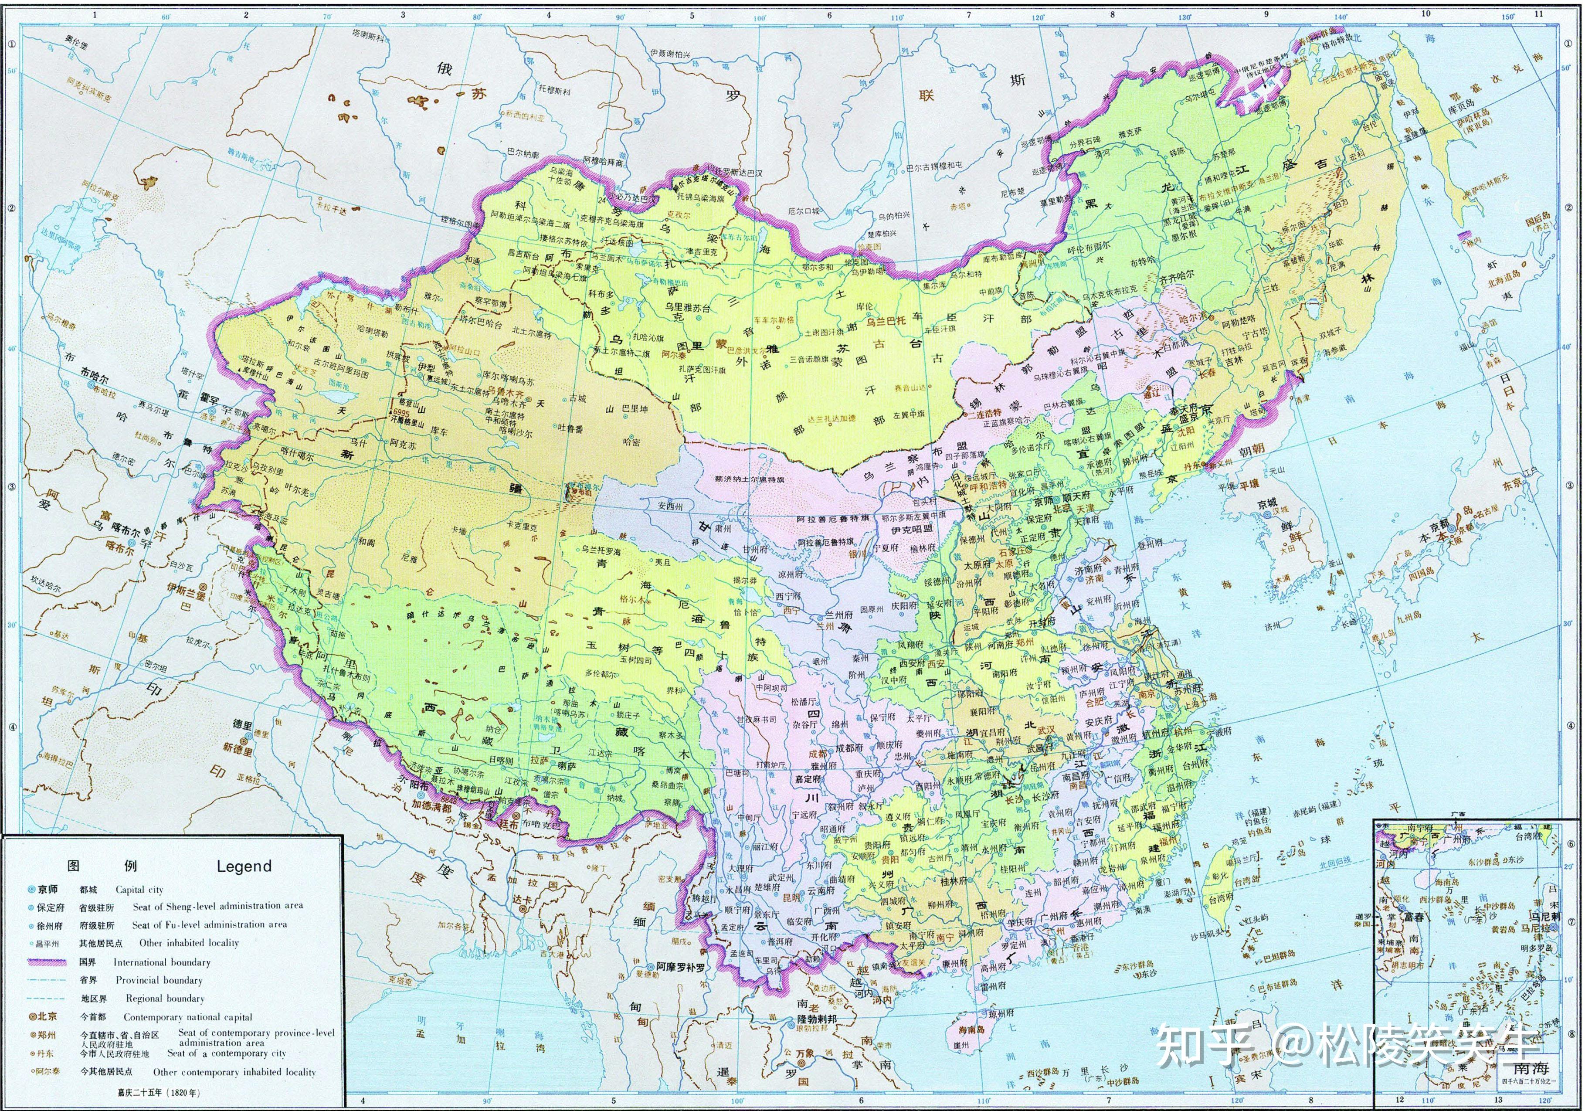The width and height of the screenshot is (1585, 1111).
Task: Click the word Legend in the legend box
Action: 244,866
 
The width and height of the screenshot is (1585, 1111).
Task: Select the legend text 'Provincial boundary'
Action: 159,980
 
